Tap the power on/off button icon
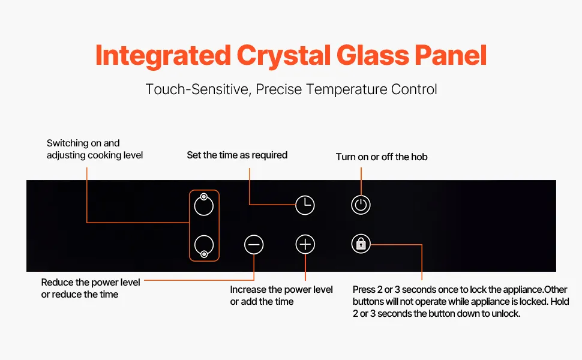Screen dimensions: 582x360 pyautogui.click(x=361, y=205)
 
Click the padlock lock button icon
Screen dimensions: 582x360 pyautogui.click(x=361, y=244)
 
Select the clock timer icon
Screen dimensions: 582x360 pyautogui.click(x=305, y=205)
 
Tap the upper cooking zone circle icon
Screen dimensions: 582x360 pyautogui.click(x=204, y=205)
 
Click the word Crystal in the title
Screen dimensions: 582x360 pyautogui.click(x=283, y=56)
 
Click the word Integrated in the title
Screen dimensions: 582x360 pyautogui.click(x=163, y=55)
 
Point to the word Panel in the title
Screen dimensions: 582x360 pyautogui.click(x=450, y=55)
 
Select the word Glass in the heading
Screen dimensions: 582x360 pyautogui.click(x=372, y=55)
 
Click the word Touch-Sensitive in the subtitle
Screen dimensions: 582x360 pyautogui.click(x=198, y=89)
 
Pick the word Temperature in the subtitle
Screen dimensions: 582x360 pyautogui.click(x=347, y=89)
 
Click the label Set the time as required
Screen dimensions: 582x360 pyautogui.click(x=237, y=155)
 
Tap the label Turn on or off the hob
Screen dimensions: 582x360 pyautogui.click(x=382, y=157)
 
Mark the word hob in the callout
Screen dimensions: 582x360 pyautogui.click(x=419, y=157)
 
